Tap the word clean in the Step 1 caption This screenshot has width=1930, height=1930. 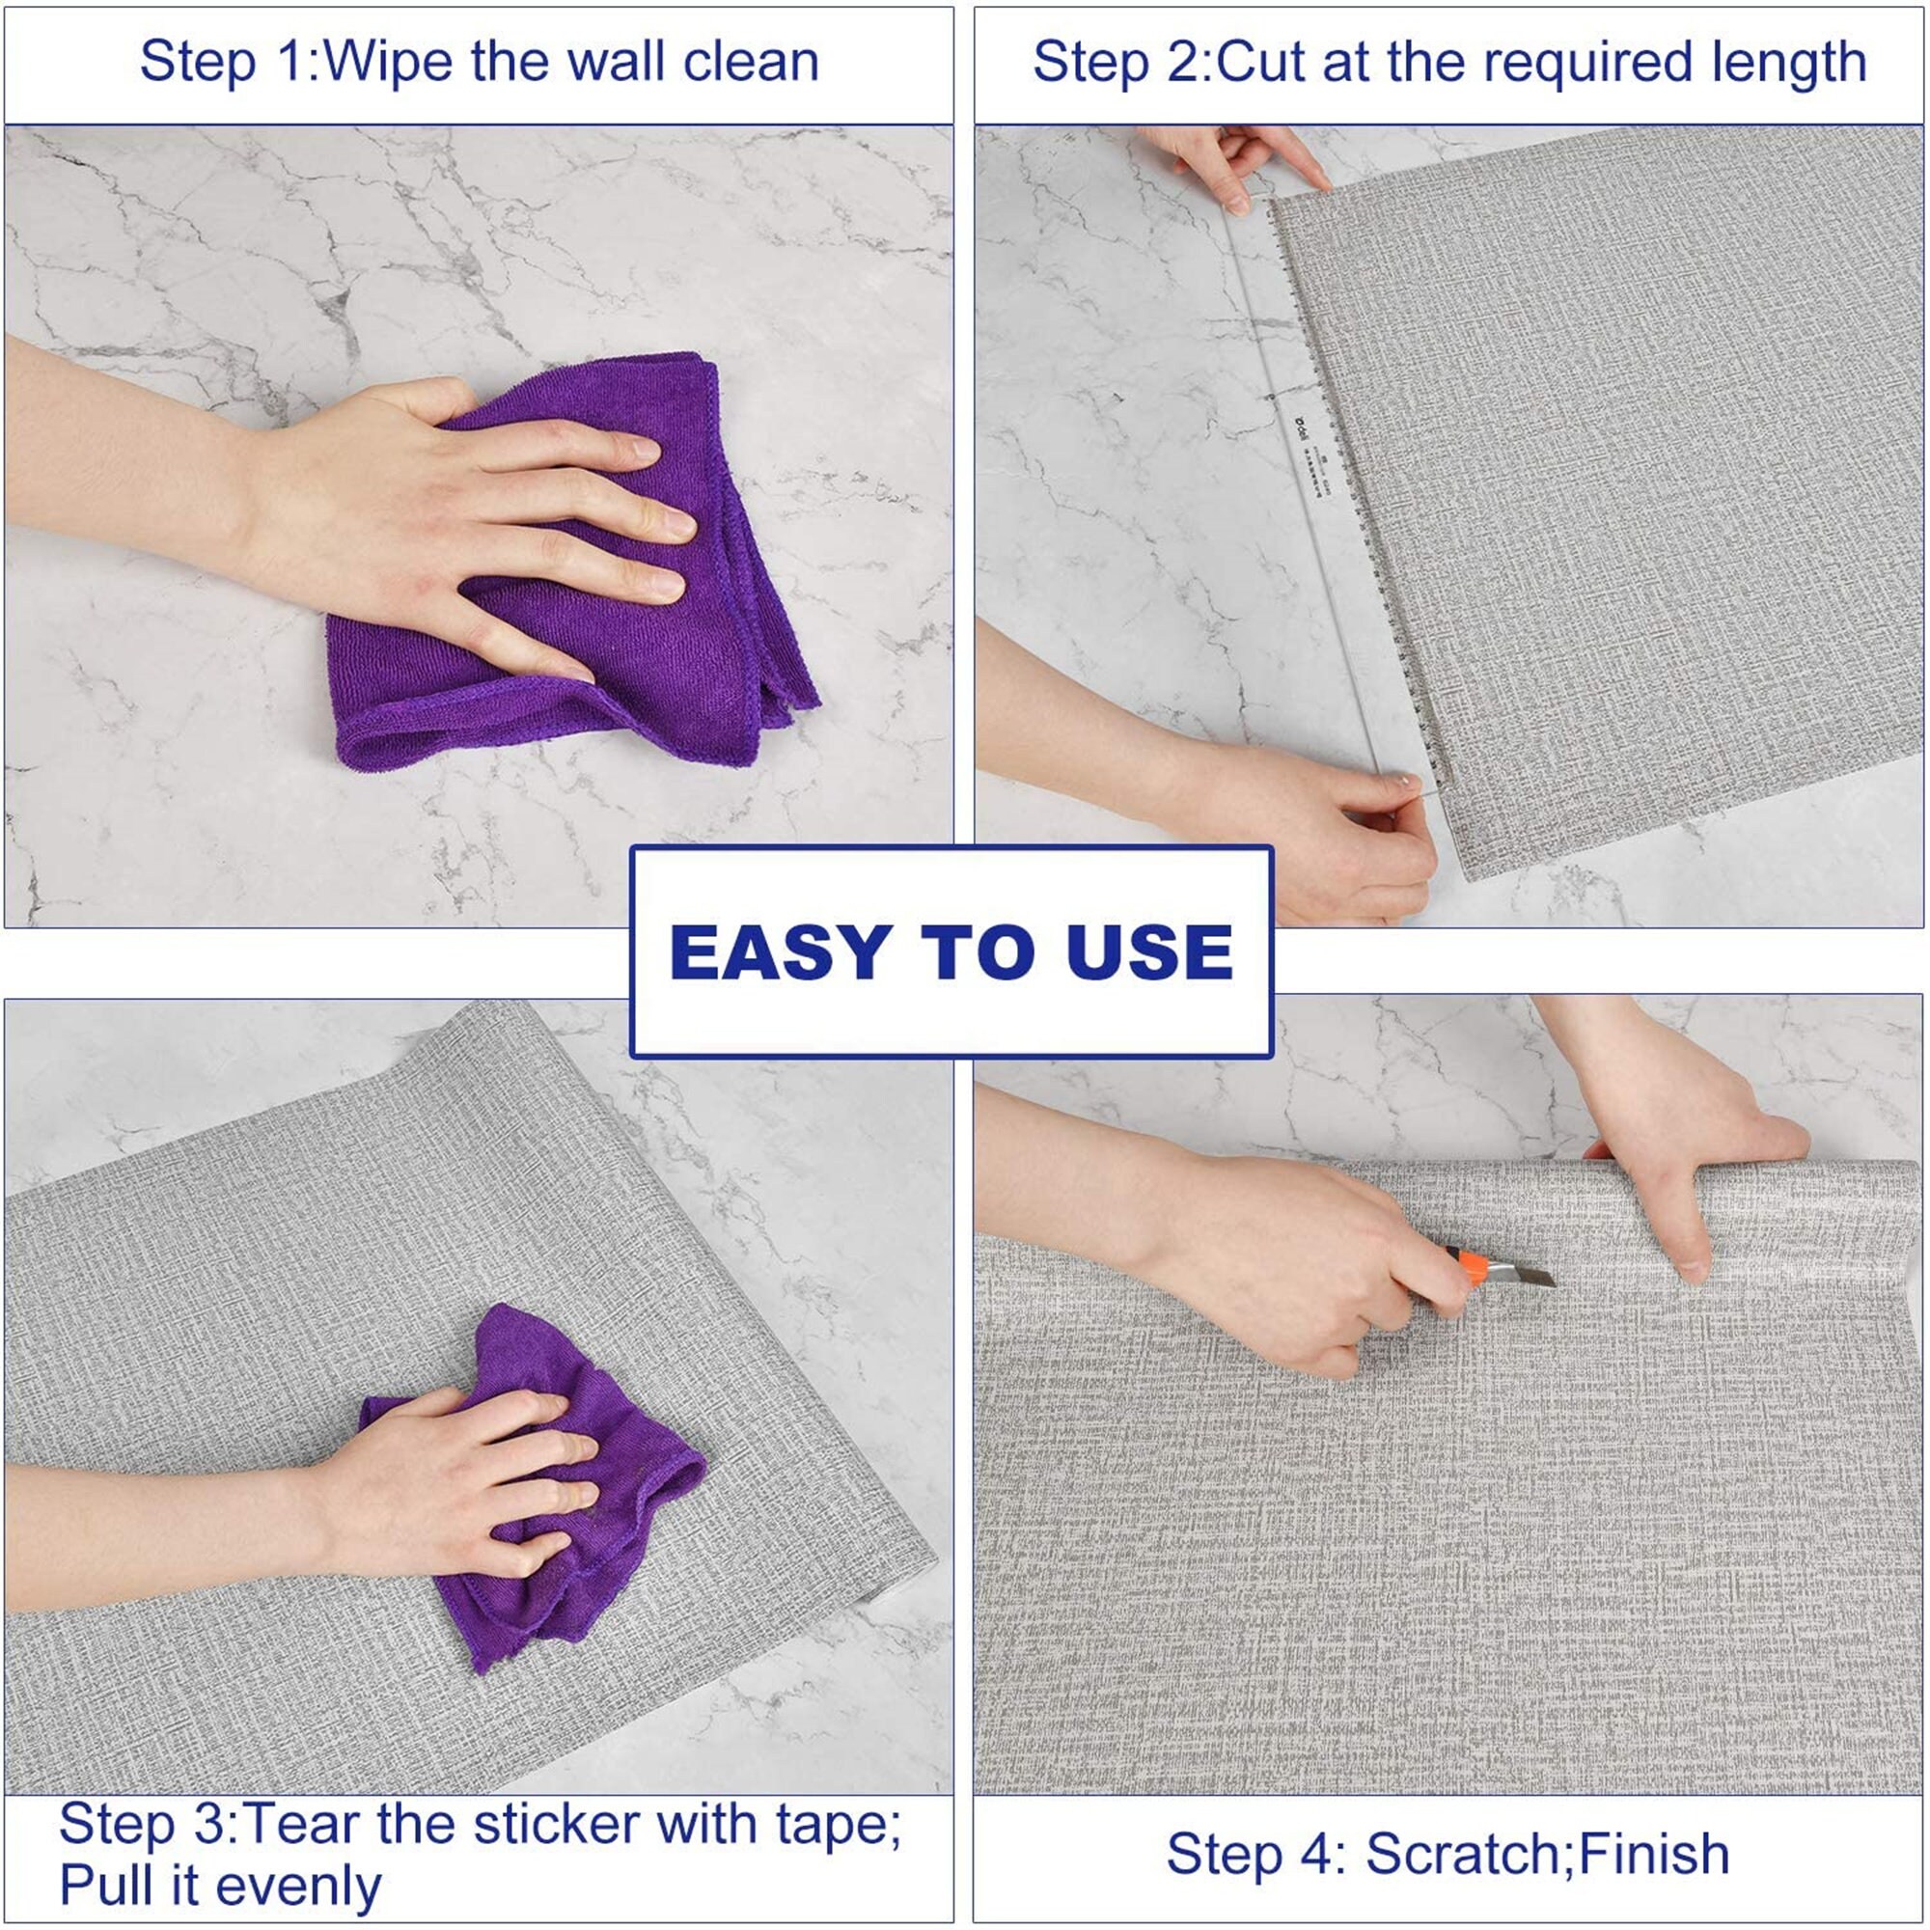[750, 62]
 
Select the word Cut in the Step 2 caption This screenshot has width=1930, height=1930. [1259, 62]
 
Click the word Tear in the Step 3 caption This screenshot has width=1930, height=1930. [299, 1824]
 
